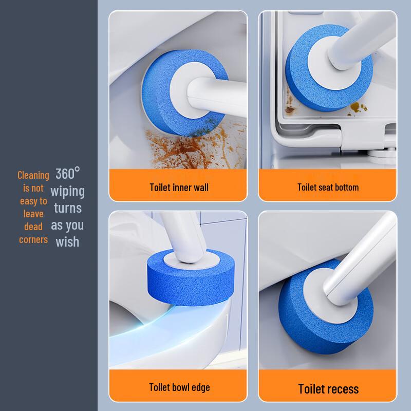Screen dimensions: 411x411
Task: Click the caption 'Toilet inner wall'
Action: pos(179,187)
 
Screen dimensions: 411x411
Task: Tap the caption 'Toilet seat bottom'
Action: pos(328,187)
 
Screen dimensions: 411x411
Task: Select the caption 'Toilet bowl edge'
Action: pos(179,387)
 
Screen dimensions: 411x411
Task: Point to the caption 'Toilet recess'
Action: pos(328,388)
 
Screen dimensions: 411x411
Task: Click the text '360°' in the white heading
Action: pos(68,174)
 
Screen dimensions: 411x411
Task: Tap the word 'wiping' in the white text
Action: pos(68,191)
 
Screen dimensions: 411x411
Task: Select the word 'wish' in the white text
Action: pos(68,241)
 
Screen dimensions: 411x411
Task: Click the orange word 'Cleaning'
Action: pos(33,175)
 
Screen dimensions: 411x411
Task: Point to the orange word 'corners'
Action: pos(33,239)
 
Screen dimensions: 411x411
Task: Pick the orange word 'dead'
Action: pos(33,226)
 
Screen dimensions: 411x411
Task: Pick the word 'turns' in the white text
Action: pos(68,208)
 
